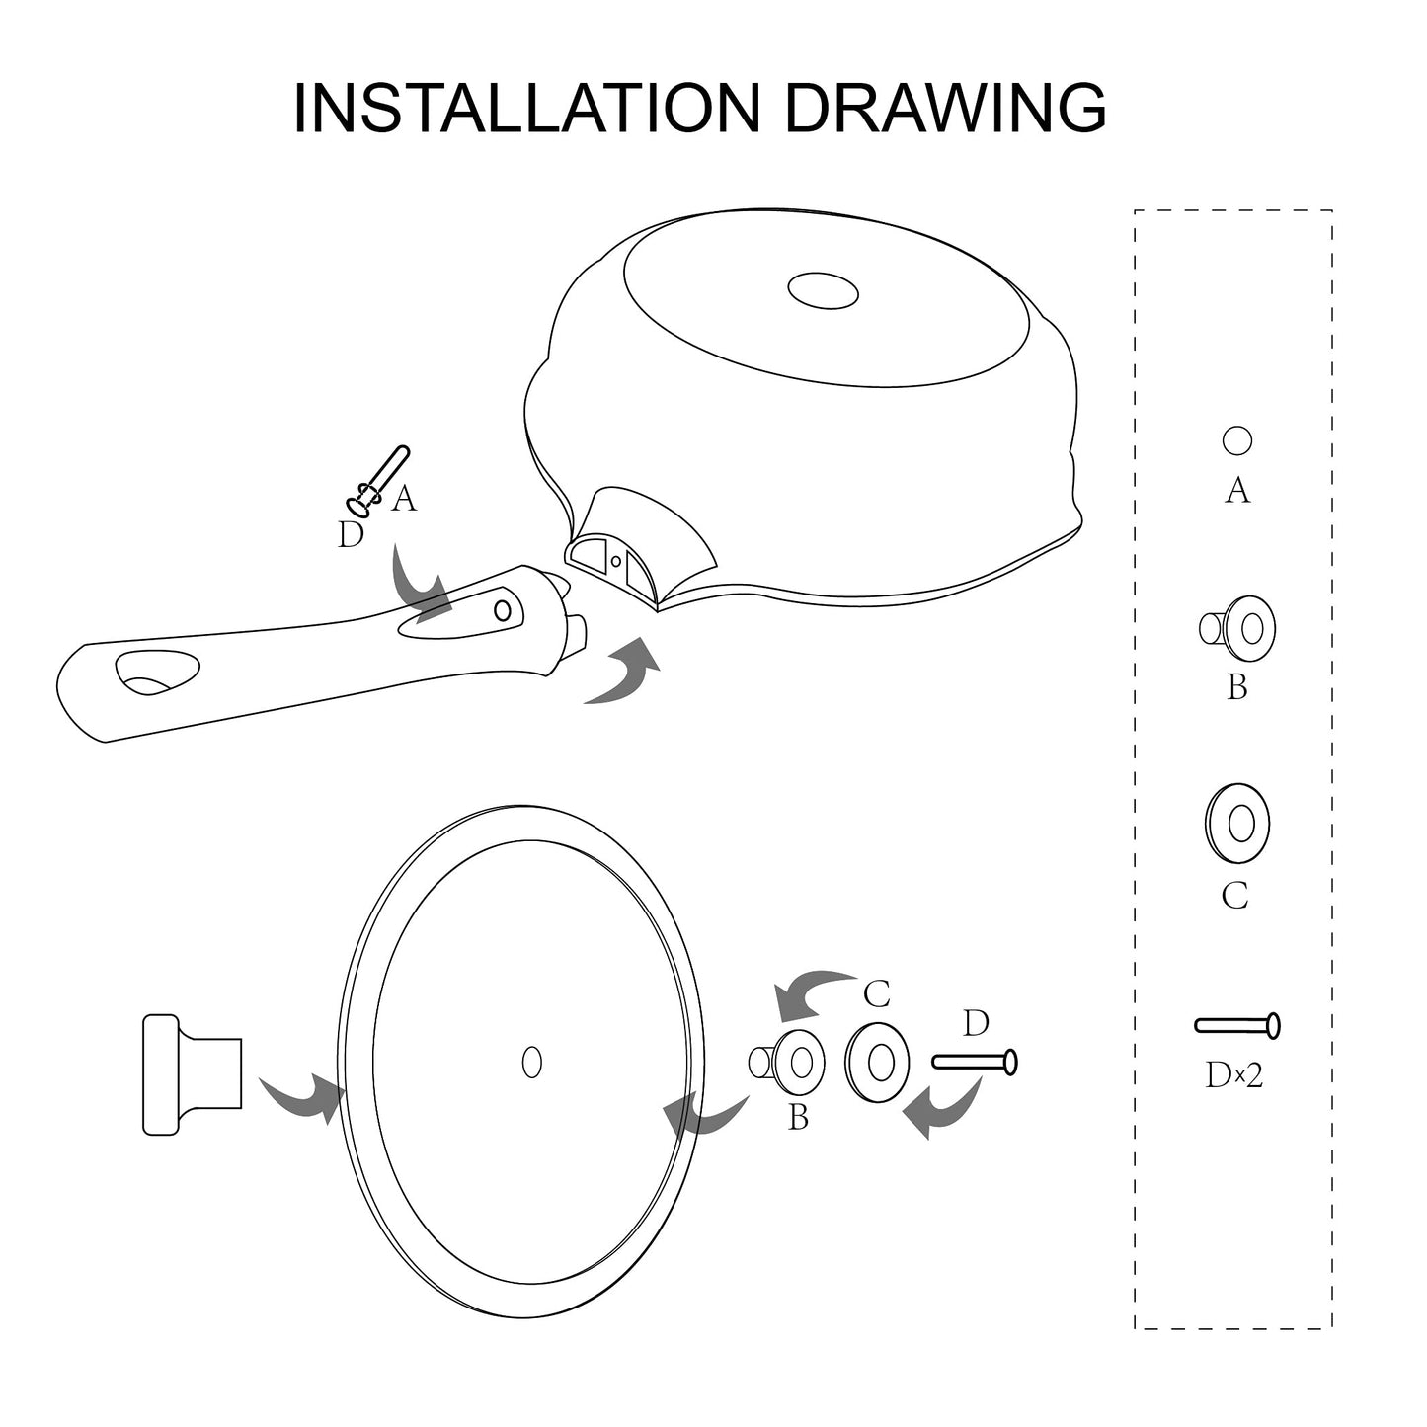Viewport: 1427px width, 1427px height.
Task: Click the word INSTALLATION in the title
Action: tap(527, 108)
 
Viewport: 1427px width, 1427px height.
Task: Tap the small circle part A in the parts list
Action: tap(1236, 440)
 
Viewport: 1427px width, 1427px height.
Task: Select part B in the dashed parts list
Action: tap(1237, 629)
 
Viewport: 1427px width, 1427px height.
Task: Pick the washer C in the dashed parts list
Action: tap(1237, 823)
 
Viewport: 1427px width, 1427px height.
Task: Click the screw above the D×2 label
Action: tap(1236, 1026)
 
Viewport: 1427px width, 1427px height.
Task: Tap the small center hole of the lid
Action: tap(531, 1063)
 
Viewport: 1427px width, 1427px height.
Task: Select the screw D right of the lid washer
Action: tap(975, 1063)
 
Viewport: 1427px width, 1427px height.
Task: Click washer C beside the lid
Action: tap(878, 1064)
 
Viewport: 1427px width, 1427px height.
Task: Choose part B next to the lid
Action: tap(786, 1064)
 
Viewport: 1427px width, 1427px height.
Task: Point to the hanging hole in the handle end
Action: tap(157, 671)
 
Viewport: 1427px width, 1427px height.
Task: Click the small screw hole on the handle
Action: tap(502, 611)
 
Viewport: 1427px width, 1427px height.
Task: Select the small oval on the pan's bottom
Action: tap(823, 289)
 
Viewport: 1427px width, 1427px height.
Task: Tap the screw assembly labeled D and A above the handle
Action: tap(377, 480)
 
